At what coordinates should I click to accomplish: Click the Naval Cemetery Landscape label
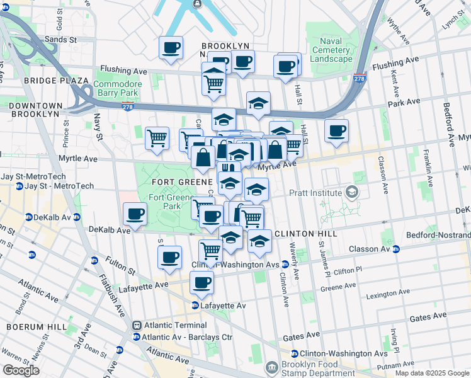[331, 50]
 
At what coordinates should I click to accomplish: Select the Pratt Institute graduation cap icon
[352, 193]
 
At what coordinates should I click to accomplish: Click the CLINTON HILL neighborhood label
[305, 233]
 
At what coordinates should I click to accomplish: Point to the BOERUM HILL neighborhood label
[33, 327]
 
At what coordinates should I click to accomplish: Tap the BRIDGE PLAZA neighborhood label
[56, 81]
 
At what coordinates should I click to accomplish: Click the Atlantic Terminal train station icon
[136, 325]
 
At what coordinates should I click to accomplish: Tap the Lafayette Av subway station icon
[196, 306]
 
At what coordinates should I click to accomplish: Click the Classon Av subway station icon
[396, 249]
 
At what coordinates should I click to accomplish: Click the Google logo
[21, 370]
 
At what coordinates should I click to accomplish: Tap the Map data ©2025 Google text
[432, 373]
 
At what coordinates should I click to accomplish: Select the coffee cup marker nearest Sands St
[171, 47]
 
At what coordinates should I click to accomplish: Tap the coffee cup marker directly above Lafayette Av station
[201, 282]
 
